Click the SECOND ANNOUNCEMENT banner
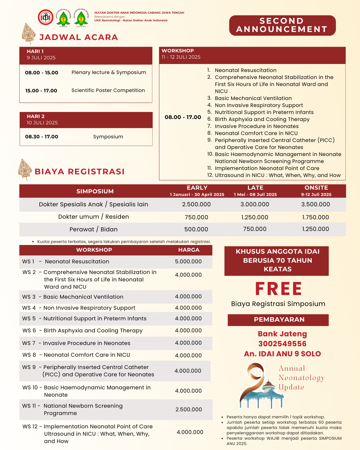[282, 25]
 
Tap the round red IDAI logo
[46, 17]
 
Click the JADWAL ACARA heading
[79, 37]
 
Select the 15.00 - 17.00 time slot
[41, 91]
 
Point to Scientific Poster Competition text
[108, 90]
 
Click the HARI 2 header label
[36, 116]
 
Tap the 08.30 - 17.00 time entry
[42, 137]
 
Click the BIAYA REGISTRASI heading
[80, 172]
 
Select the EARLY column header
[197, 188]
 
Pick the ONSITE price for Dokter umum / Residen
[315, 217]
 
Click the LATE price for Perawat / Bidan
[255, 229]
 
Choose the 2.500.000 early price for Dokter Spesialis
[196, 204]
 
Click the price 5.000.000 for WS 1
[188, 262]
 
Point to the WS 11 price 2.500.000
[189, 409]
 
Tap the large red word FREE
[279, 289]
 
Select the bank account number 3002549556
[282, 344]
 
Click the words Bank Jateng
[282, 334]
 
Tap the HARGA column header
[189, 250]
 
